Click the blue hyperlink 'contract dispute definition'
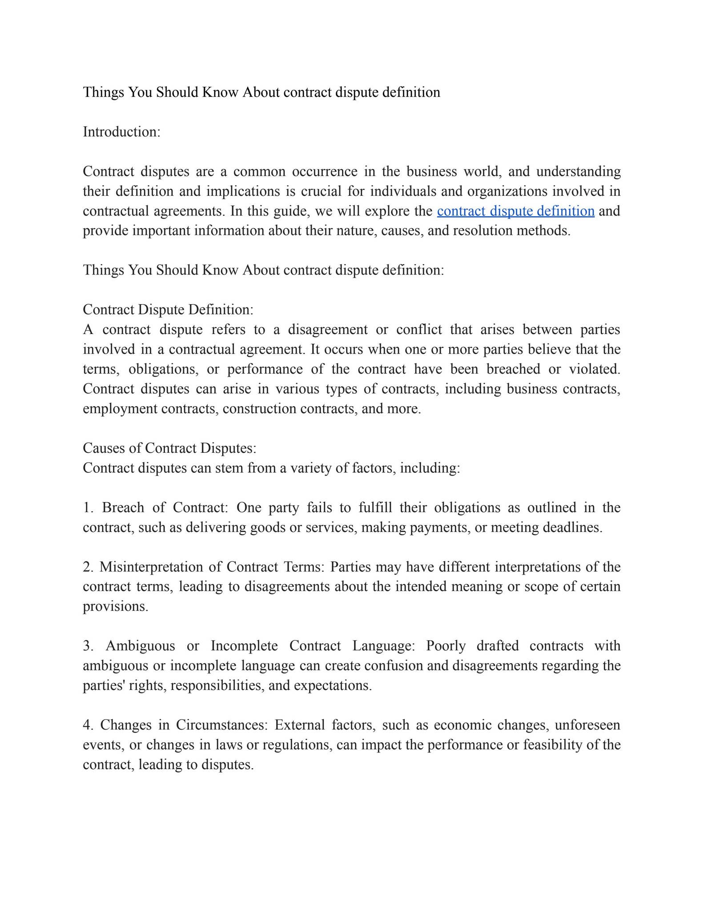(515, 211)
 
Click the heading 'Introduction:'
(121, 132)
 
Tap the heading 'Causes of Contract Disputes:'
(169, 448)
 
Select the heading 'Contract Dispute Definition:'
(168, 310)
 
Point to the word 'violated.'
(595, 369)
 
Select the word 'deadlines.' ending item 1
(572, 528)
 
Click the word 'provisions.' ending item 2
(115, 606)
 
